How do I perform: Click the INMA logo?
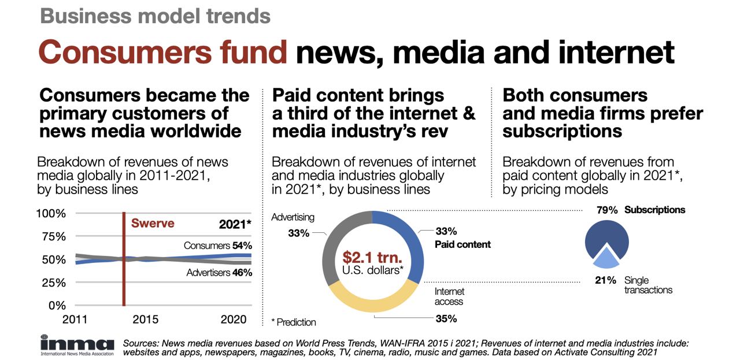[76, 345]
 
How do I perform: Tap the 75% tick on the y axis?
[51, 236]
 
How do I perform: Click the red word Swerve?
[153, 224]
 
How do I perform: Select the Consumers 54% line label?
[217, 246]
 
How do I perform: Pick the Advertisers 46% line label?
[219, 272]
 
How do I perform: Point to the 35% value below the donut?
[446, 318]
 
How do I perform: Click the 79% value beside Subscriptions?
[608, 210]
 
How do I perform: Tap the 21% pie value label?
[606, 280]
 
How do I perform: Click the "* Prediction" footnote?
[294, 322]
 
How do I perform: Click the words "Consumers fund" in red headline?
[162, 51]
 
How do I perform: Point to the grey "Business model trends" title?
[155, 16]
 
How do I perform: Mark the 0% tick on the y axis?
[57, 305]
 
